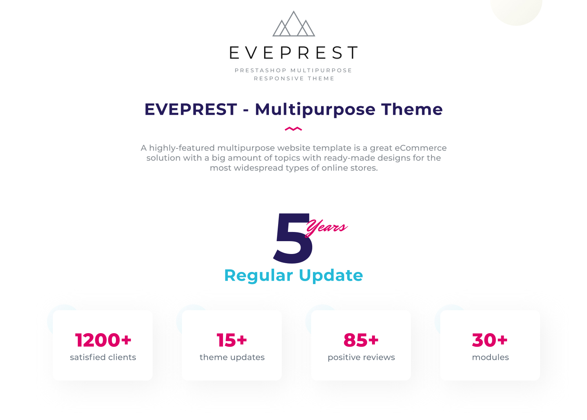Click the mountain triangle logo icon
293,24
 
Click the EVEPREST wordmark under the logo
293,53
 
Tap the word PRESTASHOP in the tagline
261,70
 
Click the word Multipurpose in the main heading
315,110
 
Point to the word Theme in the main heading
412,109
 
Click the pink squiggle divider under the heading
293,129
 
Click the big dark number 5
293,238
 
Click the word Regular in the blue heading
259,276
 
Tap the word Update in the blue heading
331,276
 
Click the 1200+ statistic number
103,340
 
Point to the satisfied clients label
103,357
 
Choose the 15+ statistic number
232,340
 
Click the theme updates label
232,357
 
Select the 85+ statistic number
361,340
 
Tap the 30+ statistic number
490,340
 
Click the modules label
490,357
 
